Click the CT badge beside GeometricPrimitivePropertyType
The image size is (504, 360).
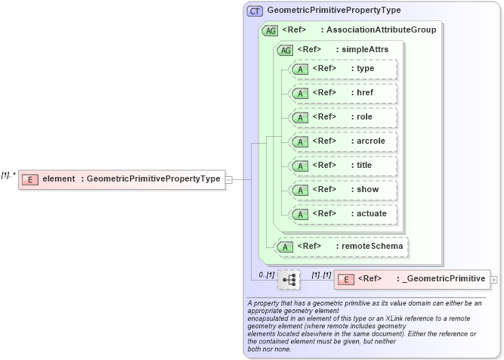pyautogui.click(x=255, y=11)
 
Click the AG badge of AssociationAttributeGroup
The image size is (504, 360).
pyautogui.click(x=270, y=31)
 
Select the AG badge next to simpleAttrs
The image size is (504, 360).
pyautogui.click(x=285, y=50)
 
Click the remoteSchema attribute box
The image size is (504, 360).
pyautogui.click(x=342, y=246)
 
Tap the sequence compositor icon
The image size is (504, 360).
pyautogui.click(x=289, y=279)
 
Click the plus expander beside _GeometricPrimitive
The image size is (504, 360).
pyautogui.click(x=494, y=279)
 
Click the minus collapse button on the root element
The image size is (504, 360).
pyautogui.click(x=229, y=179)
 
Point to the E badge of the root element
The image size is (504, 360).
pyautogui.click(x=30, y=179)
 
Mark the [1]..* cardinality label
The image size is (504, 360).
pyautogui.click(x=9, y=175)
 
